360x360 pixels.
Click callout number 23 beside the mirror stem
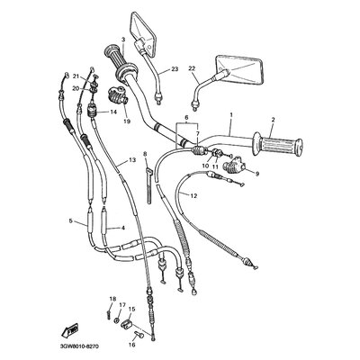pyautogui.click(x=175, y=69)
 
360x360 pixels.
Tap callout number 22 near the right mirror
pyautogui.click(x=192, y=68)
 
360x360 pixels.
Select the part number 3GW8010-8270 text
pyautogui.click(x=76, y=346)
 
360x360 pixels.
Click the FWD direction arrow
pyautogui.click(x=69, y=330)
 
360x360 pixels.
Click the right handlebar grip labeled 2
pyautogui.click(x=277, y=145)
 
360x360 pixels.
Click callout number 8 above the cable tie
pyautogui.click(x=145, y=155)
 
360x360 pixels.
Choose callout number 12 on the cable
pyautogui.click(x=193, y=196)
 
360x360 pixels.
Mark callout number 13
pyautogui.click(x=132, y=160)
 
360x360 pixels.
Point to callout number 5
pyautogui.click(x=71, y=221)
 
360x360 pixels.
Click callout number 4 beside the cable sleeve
pyautogui.click(x=123, y=228)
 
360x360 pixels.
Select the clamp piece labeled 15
pyautogui.click(x=126, y=325)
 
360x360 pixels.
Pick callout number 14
pyautogui.click(x=113, y=112)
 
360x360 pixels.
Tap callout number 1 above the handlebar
pyautogui.click(x=231, y=114)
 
